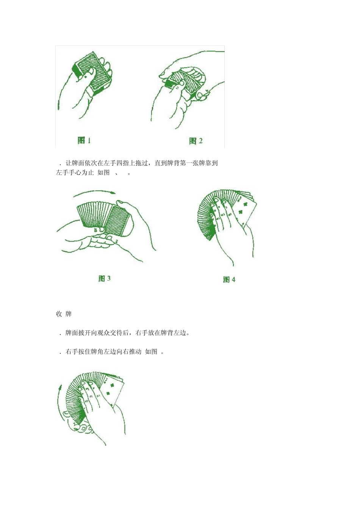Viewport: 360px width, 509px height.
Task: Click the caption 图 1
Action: click(x=84, y=141)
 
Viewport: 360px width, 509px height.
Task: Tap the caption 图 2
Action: click(x=196, y=141)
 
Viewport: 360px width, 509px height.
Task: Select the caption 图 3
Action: click(x=104, y=278)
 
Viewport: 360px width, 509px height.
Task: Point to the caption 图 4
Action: click(x=229, y=279)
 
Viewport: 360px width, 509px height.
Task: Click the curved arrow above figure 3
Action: click(x=95, y=194)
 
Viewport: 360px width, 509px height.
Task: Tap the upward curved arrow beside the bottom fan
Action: click(x=59, y=401)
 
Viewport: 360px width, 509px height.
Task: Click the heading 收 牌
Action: click(x=64, y=314)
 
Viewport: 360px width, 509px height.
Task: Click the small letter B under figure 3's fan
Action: click(x=96, y=230)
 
